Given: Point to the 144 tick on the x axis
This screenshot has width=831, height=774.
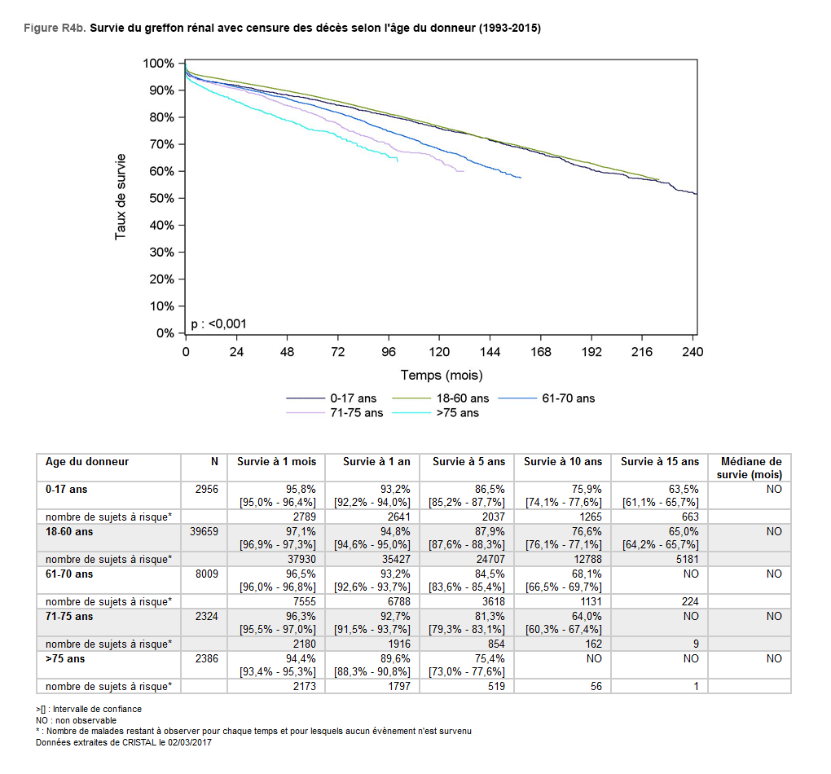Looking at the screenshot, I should tap(490, 352).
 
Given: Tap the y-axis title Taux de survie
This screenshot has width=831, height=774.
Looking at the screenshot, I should tap(121, 196).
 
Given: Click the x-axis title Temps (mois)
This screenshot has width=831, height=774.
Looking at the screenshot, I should tap(442, 376).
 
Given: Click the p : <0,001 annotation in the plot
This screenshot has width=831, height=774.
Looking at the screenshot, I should tap(218, 323).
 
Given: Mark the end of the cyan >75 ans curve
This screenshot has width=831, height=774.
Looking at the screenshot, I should tap(398, 161).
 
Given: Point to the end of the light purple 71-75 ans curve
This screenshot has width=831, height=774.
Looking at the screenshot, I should tap(464, 171).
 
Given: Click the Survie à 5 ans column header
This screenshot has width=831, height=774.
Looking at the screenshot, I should tap(468, 461).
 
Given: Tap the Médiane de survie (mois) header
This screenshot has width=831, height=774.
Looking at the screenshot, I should tap(750, 467).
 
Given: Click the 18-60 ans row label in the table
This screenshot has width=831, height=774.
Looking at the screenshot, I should tap(69, 531).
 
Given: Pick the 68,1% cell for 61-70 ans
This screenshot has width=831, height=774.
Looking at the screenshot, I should tap(585, 574).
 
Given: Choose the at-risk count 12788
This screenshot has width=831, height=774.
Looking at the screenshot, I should tap(586, 559).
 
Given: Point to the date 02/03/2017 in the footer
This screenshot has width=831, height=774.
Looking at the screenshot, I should tap(188, 741).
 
